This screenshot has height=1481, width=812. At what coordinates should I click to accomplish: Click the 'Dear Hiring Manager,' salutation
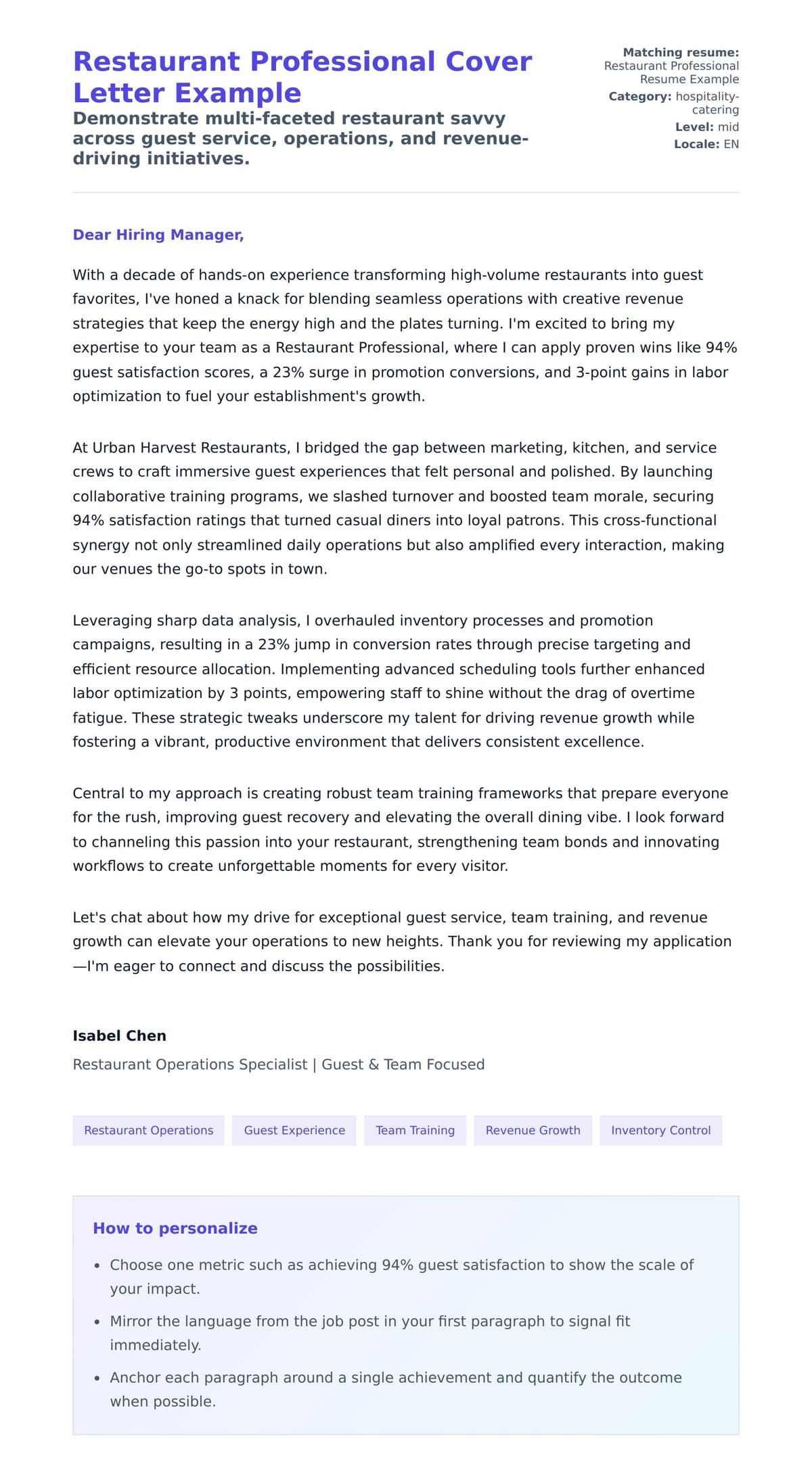(x=158, y=235)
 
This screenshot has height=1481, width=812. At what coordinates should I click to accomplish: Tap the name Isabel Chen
(x=119, y=1035)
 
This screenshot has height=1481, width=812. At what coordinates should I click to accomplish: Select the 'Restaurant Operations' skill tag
(x=148, y=1130)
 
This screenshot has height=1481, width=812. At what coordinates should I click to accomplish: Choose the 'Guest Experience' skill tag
(x=294, y=1130)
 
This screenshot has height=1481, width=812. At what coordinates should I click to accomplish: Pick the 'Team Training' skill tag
(x=415, y=1130)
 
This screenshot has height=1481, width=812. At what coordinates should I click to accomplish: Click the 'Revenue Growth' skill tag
(x=533, y=1130)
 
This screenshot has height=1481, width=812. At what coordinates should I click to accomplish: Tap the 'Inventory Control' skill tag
(x=660, y=1130)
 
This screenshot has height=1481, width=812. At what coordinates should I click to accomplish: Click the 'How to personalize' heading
(x=175, y=1228)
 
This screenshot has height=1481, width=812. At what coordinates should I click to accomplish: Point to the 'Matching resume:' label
(x=680, y=52)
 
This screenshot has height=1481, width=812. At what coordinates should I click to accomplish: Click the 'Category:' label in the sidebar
(x=639, y=96)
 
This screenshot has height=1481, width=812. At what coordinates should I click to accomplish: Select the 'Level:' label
(x=694, y=126)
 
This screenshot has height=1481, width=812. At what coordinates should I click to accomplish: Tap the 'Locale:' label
(x=696, y=144)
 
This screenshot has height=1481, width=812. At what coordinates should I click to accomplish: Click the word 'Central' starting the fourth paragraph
(x=99, y=793)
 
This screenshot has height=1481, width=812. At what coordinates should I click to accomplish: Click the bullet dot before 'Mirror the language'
(x=97, y=1321)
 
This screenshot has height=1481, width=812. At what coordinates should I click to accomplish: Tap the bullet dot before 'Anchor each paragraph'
(x=97, y=1378)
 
